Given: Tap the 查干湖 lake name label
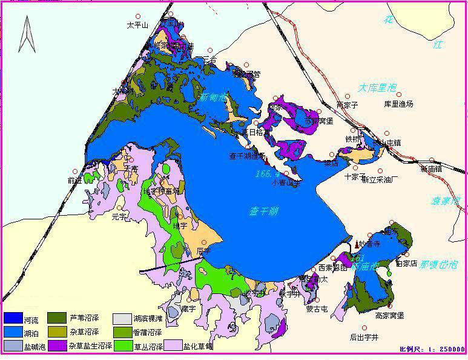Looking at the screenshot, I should click(264, 212).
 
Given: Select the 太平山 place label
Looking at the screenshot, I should click(137, 25).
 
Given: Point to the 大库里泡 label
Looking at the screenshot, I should click(377, 88).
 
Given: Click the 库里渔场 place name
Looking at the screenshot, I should click(398, 104).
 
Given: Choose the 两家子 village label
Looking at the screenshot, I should click(348, 105).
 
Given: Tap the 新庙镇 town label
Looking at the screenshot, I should click(431, 169).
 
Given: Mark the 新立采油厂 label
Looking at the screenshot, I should click(380, 179).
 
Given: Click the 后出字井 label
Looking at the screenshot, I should click(364, 337).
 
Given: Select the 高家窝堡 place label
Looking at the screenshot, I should click(389, 315).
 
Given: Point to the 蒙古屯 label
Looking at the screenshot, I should click(317, 308).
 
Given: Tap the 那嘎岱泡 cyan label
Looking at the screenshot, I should click(439, 265).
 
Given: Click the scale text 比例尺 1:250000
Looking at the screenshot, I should click(432, 350).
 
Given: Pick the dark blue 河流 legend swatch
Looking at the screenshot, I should click(13, 318).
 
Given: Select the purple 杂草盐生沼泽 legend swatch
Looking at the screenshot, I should click(58, 346).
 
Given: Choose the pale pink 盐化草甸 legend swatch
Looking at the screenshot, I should click(174, 346).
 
